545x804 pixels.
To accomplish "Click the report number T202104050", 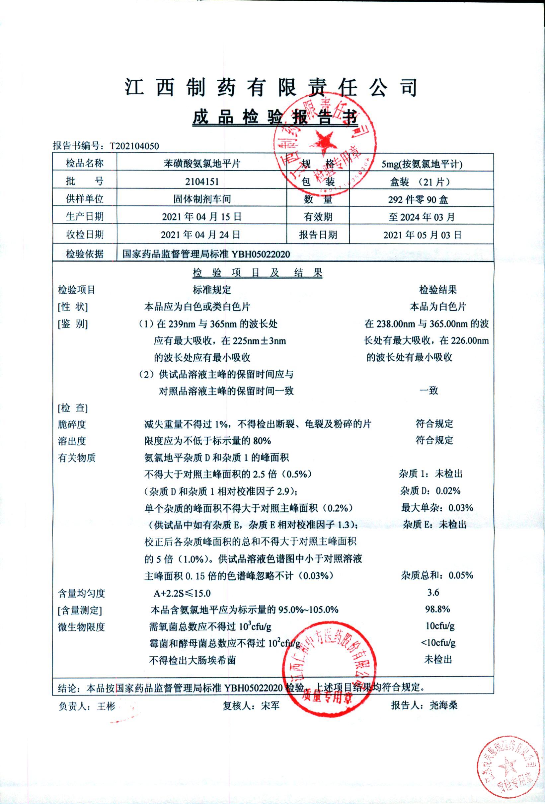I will pyautogui.click(x=134, y=146).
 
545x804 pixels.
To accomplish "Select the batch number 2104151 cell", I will pyautogui.click(x=202, y=182).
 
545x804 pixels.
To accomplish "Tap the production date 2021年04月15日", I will pyautogui.click(x=202, y=217).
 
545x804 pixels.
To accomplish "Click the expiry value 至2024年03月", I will pyautogui.click(x=422, y=217).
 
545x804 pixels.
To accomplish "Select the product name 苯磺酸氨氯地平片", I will pyautogui.click(x=202, y=164).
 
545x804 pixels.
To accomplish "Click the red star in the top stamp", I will pyautogui.click(x=324, y=143).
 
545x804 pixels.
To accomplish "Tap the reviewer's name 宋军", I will pyautogui.click(x=270, y=705).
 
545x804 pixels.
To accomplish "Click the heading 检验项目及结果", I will pyautogui.click(x=257, y=273).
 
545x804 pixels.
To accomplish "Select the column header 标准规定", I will pyautogui.click(x=212, y=290).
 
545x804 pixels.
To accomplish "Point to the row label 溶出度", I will pyautogui.click(x=72, y=441).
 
